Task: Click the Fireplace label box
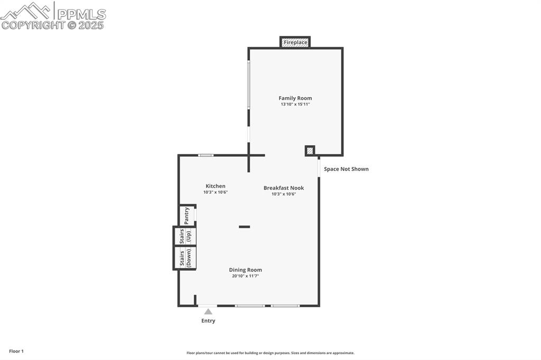[x=295, y=42]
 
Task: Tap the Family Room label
[x=295, y=98]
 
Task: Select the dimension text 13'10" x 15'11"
[x=295, y=105]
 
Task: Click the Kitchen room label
[x=216, y=186]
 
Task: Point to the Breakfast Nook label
[x=284, y=188]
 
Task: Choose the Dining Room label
[x=245, y=270]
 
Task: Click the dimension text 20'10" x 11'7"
[x=245, y=276]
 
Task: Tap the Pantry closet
[x=186, y=215]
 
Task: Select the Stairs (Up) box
[x=185, y=236]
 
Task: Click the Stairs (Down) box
[x=185, y=258]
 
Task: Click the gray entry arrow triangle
[x=208, y=311]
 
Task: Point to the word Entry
[x=208, y=321]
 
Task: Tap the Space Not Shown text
[x=346, y=169]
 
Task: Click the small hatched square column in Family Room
[x=310, y=151]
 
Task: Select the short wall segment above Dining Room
[x=244, y=227]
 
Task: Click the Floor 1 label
[x=16, y=351]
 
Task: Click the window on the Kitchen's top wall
[x=206, y=155]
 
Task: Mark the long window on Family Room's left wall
[x=249, y=84]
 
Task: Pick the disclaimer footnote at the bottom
[x=270, y=353]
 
